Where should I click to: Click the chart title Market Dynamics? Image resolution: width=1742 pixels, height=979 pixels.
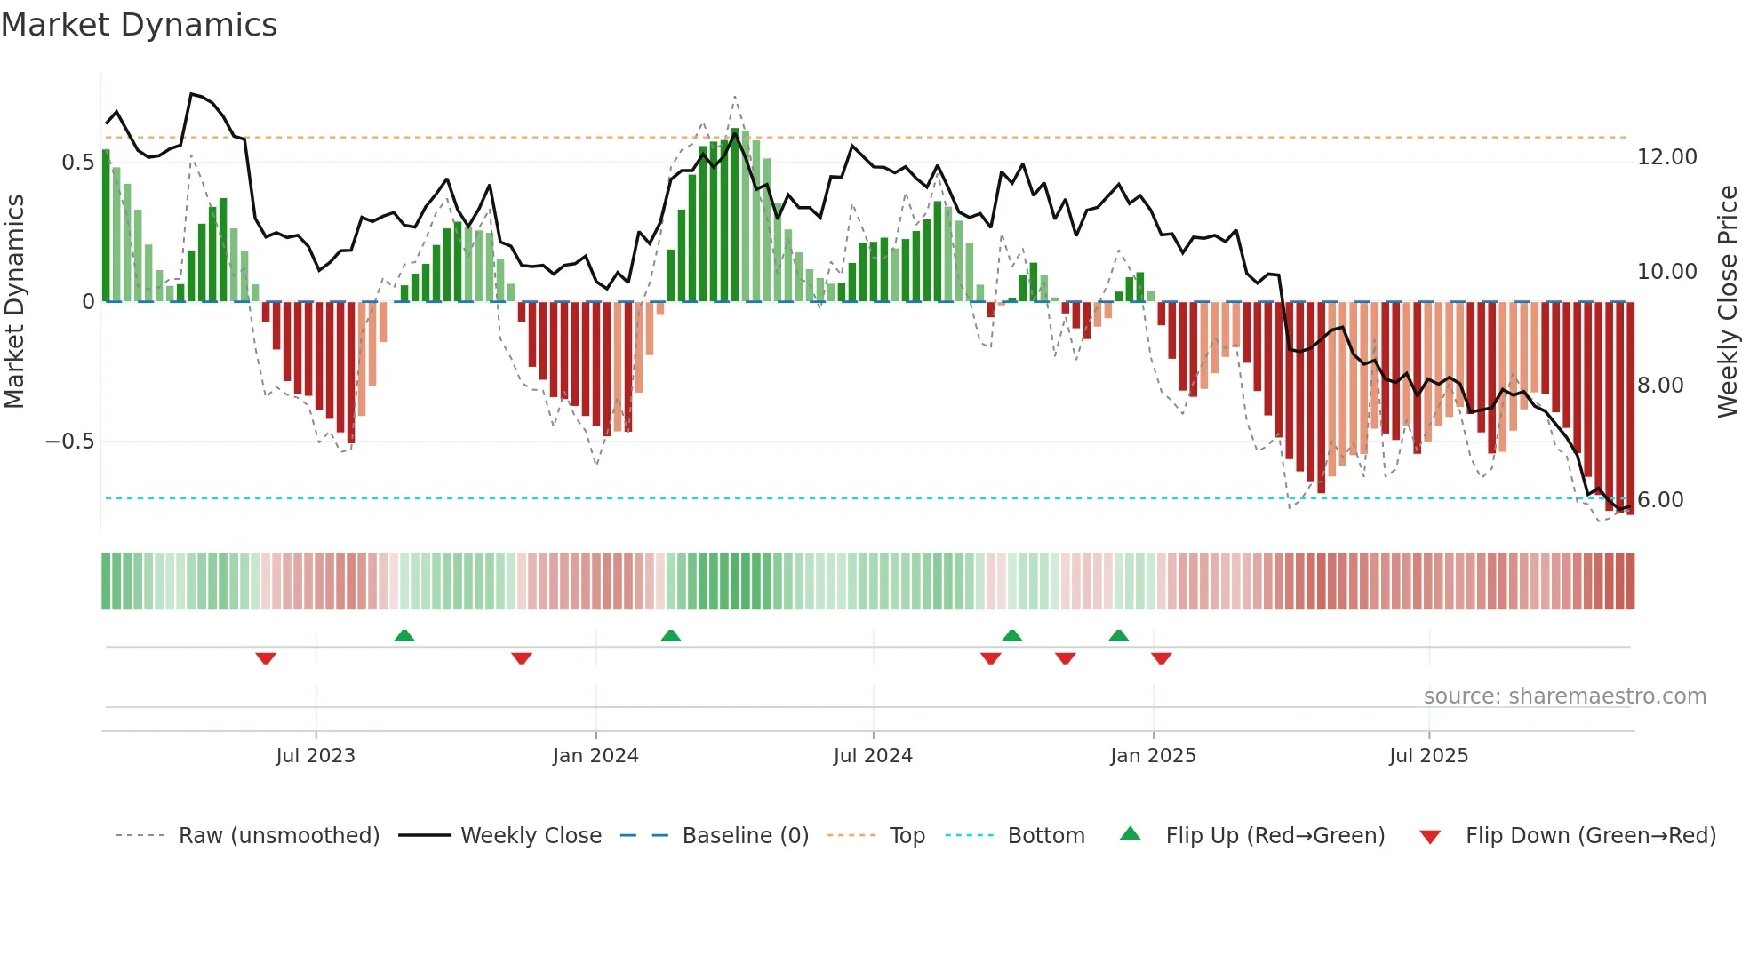pyautogui.click(x=139, y=25)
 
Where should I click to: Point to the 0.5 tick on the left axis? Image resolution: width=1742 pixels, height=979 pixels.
pyautogui.click(x=77, y=162)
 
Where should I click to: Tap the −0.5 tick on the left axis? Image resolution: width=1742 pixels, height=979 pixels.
pyautogui.click(x=70, y=442)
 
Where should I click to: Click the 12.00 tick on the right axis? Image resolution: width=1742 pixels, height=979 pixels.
pyautogui.click(x=1666, y=157)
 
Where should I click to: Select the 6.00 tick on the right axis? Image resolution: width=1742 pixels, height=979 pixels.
pyautogui.click(x=1660, y=500)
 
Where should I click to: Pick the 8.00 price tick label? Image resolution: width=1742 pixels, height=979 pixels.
pyautogui.click(x=1660, y=386)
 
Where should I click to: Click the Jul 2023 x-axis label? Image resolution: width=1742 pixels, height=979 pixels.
pyautogui.click(x=315, y=756)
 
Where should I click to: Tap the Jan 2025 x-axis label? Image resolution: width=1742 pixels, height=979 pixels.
pyautogui.click(x=1153, y=756)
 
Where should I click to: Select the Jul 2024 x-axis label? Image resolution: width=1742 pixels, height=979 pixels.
pyautogui.click(x=873, y=756)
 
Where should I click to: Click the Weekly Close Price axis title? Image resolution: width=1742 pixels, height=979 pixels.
pyautogui.click(x=1727, y=302)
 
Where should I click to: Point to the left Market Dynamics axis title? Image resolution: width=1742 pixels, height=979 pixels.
pyautogui.click(x=14, y=302)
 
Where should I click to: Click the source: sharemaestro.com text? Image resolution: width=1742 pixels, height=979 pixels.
pyautogui.click(x=1564, y=696)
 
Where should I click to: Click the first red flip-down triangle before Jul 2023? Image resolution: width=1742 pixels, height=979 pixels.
pyautogui.click(x=266, y=658)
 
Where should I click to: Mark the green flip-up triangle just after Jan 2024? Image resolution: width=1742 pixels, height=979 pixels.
pyautogui.click(x=671, y=635)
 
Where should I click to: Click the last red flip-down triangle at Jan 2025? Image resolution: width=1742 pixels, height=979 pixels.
pyautogui.click(x=1161, y=658)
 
